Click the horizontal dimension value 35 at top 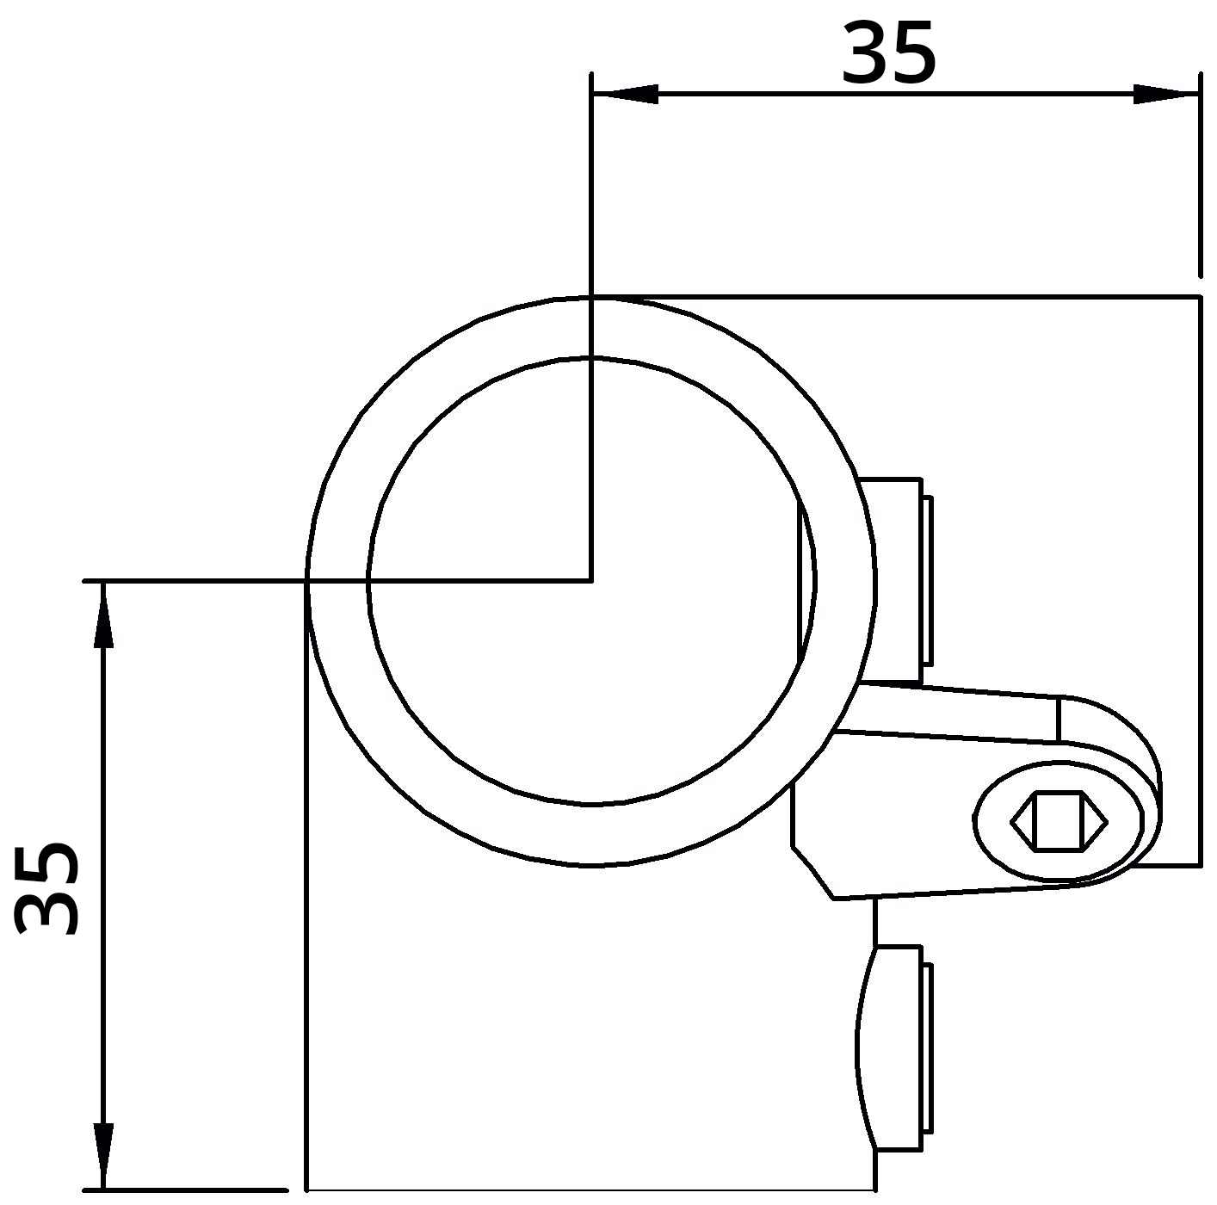point(889,54)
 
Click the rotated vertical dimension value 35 point(47,887)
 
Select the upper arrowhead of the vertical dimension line point(103,615)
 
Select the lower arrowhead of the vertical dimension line point(103,1157)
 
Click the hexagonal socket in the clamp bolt point(1058,821)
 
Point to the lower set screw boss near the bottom point(895,1047)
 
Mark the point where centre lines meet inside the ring point(591,581)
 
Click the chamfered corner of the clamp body point(811,873)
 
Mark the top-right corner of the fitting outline point(1200,297)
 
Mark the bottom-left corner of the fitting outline point(307,1190)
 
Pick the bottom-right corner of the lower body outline point(875,1190)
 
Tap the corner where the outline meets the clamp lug point(1198,865)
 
